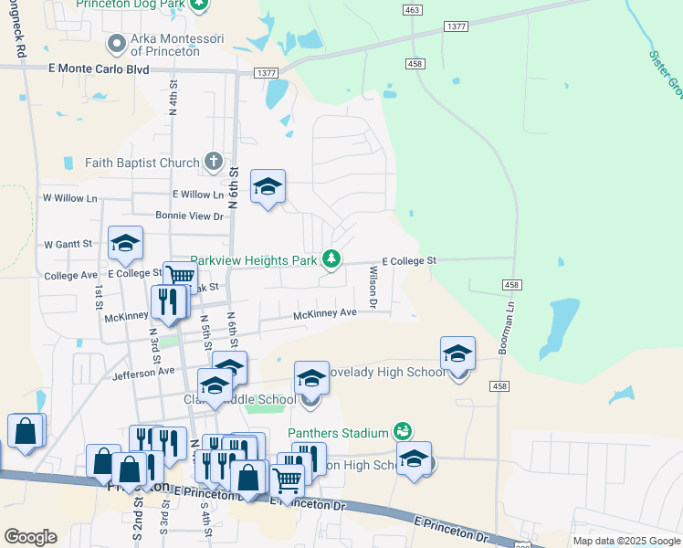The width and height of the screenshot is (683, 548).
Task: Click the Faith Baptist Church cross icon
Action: click(x=213, y=163)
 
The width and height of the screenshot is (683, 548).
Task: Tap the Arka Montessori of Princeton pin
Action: click(x=116, y=44)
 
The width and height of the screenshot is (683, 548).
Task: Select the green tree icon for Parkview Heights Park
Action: click(x=331, y=260)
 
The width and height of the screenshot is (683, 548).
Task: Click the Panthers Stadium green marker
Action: click(x=402, y=430)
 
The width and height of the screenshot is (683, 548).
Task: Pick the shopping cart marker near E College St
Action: click(x=181, y=276)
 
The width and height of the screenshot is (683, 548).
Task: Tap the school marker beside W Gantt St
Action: click(x=125, y=243)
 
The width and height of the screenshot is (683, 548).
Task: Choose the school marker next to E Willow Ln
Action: click(x=267, y=187)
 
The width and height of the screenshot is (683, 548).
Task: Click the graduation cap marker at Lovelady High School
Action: click(x=457, y=354)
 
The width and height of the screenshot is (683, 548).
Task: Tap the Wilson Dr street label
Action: click(x=373, y=285)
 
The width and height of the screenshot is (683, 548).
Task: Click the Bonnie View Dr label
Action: click(x=189, y=216)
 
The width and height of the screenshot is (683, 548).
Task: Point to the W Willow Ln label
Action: click(x=69, y=197)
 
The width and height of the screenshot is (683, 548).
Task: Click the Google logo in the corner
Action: click(x=30, y=536)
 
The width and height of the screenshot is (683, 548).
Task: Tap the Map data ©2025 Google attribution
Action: click(x=625, y=541)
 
